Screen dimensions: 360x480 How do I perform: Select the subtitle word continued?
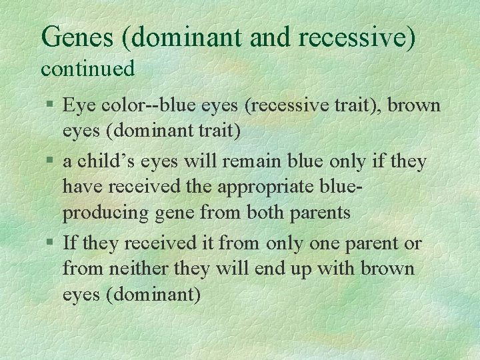point(88,68)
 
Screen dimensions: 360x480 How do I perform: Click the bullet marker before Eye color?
point(51,105)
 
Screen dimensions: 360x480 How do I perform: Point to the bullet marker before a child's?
point(51,162)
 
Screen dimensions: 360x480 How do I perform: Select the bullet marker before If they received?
point(51,244)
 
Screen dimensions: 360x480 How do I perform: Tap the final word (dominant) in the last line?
point(153,295)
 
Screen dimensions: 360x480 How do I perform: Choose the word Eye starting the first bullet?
point(77,105)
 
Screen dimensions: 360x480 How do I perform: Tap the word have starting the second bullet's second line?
point(81,187)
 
